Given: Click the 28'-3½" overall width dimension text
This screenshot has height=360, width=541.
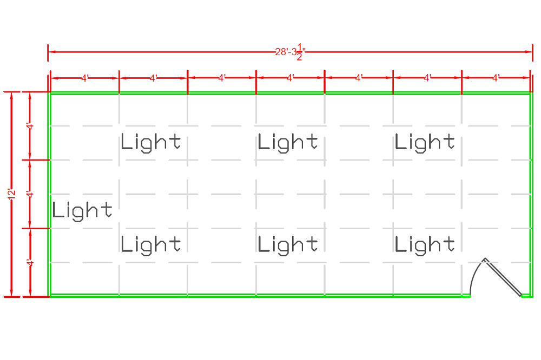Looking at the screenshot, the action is [x=290, y=52].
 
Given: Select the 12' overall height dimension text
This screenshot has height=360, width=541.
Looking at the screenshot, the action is [x=12, y=194].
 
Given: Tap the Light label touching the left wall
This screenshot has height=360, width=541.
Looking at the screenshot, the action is [x=82, y=211].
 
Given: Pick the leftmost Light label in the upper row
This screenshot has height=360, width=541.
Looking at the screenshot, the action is [x=151, y=143].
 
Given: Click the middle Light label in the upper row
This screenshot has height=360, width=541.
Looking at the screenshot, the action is [x=288, y=143].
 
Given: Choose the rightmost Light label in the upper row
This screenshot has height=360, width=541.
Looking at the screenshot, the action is [x=425, y=143].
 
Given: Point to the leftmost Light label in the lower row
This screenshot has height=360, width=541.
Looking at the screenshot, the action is [x=151, y=245].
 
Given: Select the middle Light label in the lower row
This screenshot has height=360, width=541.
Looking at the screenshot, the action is [x=288, y=245].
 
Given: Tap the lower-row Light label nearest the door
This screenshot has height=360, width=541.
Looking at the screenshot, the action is [x=425, y=245].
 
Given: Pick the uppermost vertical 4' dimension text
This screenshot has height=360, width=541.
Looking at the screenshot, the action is [x=30, y=126].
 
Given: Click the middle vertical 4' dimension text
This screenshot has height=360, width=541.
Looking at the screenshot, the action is [x=30, y=195].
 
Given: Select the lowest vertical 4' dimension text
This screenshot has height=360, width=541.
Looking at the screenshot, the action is [x=30, y=263].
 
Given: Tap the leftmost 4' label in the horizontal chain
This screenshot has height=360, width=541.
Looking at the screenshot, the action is [x=85, y=78].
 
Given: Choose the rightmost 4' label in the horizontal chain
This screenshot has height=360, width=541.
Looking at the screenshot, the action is [x=496, y=78].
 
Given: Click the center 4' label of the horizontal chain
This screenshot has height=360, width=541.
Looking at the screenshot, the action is [x=291, y=78].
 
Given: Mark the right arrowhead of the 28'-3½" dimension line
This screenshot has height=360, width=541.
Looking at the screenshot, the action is [x=529, y=52].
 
